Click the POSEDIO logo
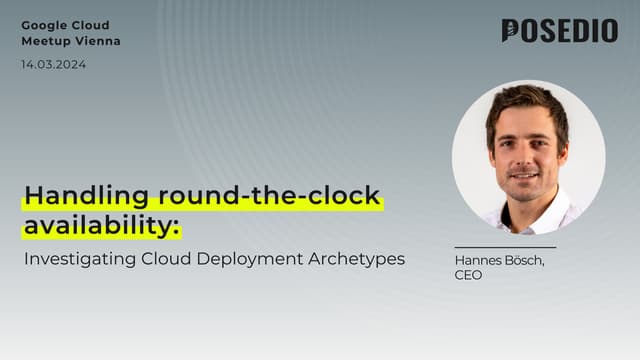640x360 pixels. click(x=559, y=31)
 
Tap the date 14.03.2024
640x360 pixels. click(x=53, y=64)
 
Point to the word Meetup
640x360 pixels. click(x=45, y=41)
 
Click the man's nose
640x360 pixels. click(x=524, y=156)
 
